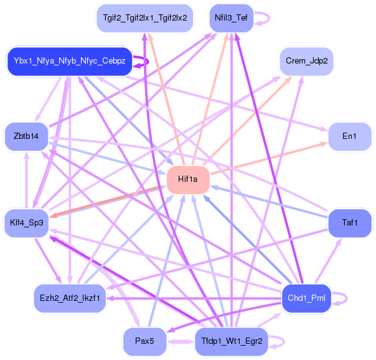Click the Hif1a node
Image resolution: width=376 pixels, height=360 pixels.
[187, 179]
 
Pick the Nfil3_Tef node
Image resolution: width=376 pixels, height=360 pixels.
[231, 17]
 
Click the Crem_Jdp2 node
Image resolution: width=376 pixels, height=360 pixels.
[307, 61]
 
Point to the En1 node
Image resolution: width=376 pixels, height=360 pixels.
[349, 136]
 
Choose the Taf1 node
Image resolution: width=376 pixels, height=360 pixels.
[349, 222]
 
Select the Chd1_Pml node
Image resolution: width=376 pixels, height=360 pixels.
[306, 298]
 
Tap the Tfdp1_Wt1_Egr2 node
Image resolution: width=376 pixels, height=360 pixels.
[232, 341]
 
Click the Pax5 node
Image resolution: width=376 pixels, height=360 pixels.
[144, 341]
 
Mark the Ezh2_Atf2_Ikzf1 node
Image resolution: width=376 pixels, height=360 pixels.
[70, 298]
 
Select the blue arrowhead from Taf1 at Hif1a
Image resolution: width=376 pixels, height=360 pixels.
[212, 186]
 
